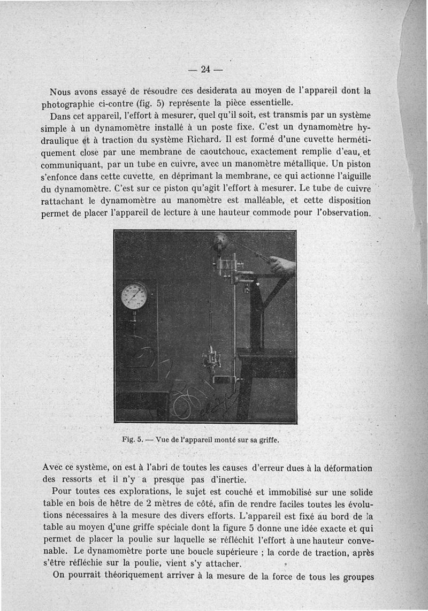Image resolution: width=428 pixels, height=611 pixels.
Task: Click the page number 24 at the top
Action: pos(205,68)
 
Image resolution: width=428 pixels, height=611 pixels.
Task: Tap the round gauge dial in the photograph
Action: pos(134,296)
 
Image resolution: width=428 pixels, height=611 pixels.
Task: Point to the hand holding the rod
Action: pos(282,264)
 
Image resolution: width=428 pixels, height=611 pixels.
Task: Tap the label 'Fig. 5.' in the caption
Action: pos(131,441)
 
